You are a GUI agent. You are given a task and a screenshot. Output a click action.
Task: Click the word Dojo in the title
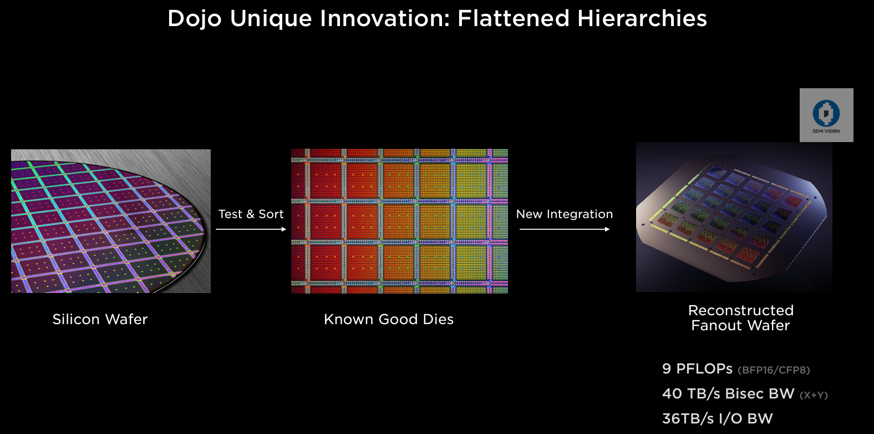pyautogui.click(x=195, y=19)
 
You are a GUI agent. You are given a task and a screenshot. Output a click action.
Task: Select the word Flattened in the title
pyautogui.click(x=513, y=19)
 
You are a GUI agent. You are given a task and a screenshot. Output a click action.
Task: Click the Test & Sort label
pyautogui.click(x=251, y=214)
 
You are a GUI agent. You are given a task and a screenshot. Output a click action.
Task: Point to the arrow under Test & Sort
pyautogui.click(x=251, y=229)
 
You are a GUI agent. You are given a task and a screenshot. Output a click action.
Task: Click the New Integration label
pyautogui.click(x=564, y=214)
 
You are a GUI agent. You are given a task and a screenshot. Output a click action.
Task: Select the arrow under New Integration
pyautogui.click(x=564, y=229)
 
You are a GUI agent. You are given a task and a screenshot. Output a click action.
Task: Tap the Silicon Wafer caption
pyautogui.click(x=100, y=319)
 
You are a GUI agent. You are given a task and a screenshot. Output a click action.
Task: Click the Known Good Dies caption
pyautogui.click(x=388, y=319)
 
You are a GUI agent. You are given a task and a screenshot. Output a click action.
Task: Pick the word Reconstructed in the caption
pyautogui.click(x=740, y=310)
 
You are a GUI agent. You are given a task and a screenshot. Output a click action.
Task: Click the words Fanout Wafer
pyautogui.click(x=740, y=325)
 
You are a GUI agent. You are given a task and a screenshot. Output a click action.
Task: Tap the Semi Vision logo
pyautogui.click(x=826, y=115)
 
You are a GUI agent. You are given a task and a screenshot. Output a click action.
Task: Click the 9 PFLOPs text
pyautogui.click(x=697, y=369)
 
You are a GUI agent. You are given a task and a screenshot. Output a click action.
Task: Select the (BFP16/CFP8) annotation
pyautogui.click(x=774, y=370)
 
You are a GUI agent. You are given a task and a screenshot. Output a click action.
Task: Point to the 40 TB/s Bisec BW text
pyautogui.click(x=728, y=393)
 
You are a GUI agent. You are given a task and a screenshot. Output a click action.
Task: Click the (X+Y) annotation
pyautogui.click(x=814, y=395)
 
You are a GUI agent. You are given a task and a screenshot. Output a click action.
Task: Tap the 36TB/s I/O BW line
pyautogui.click(x=717, y=418)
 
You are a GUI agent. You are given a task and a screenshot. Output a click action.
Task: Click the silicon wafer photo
pyautogui.click(x=111, y=221)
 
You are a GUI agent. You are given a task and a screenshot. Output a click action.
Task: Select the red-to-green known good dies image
pyautogui.click(x=399, y=221)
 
